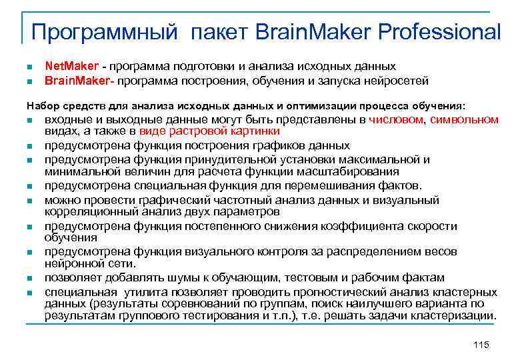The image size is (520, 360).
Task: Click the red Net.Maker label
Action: (x=71, y=67)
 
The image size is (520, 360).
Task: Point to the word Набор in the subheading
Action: (x=41, y=105)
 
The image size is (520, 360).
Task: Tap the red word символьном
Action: (x=464, y=119)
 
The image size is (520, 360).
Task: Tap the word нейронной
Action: (x=72, y=263)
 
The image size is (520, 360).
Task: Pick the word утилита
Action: (x=147, y=292)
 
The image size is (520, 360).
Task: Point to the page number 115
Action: (x=480, y=344)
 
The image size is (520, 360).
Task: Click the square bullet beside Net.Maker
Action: (x=30, y=67)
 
